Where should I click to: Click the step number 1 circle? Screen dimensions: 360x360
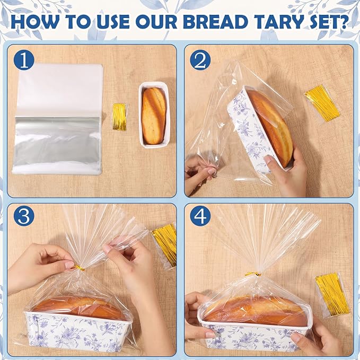[x=24, y=60]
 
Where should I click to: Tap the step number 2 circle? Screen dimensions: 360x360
[x=200, y=60]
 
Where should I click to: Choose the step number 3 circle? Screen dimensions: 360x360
[x=24, y=216]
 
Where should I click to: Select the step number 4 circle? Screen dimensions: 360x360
[x=200, y=216]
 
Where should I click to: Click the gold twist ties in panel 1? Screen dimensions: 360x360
[x=120, y=117]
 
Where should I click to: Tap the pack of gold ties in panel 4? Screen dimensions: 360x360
[x=332, y=294]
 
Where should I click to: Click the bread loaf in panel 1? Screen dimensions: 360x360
[x=154, y=116]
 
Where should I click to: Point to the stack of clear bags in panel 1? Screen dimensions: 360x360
[x=58, y=119]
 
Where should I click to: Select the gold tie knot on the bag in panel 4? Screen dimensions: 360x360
[x=253, y=274]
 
